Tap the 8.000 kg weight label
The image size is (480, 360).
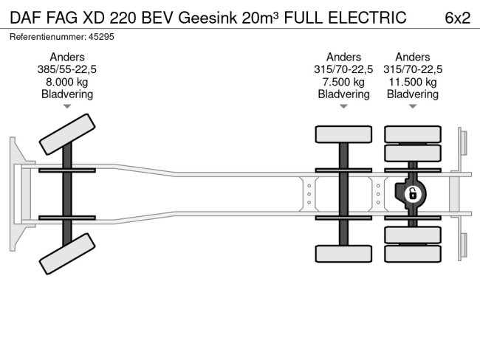point(67,82)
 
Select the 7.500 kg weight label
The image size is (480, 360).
point(343,82)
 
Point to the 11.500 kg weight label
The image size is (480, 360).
point(413,82)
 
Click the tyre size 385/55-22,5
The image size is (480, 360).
point(67,69)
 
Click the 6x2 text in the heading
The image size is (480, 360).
point(458,18)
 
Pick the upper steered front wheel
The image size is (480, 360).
point(66,135)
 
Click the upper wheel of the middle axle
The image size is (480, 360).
point(343,134)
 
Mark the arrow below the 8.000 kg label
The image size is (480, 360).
point(67,107)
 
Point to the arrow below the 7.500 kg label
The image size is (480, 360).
point(343,107)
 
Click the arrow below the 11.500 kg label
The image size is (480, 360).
point(413,107)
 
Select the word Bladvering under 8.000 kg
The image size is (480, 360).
point(67,94)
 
